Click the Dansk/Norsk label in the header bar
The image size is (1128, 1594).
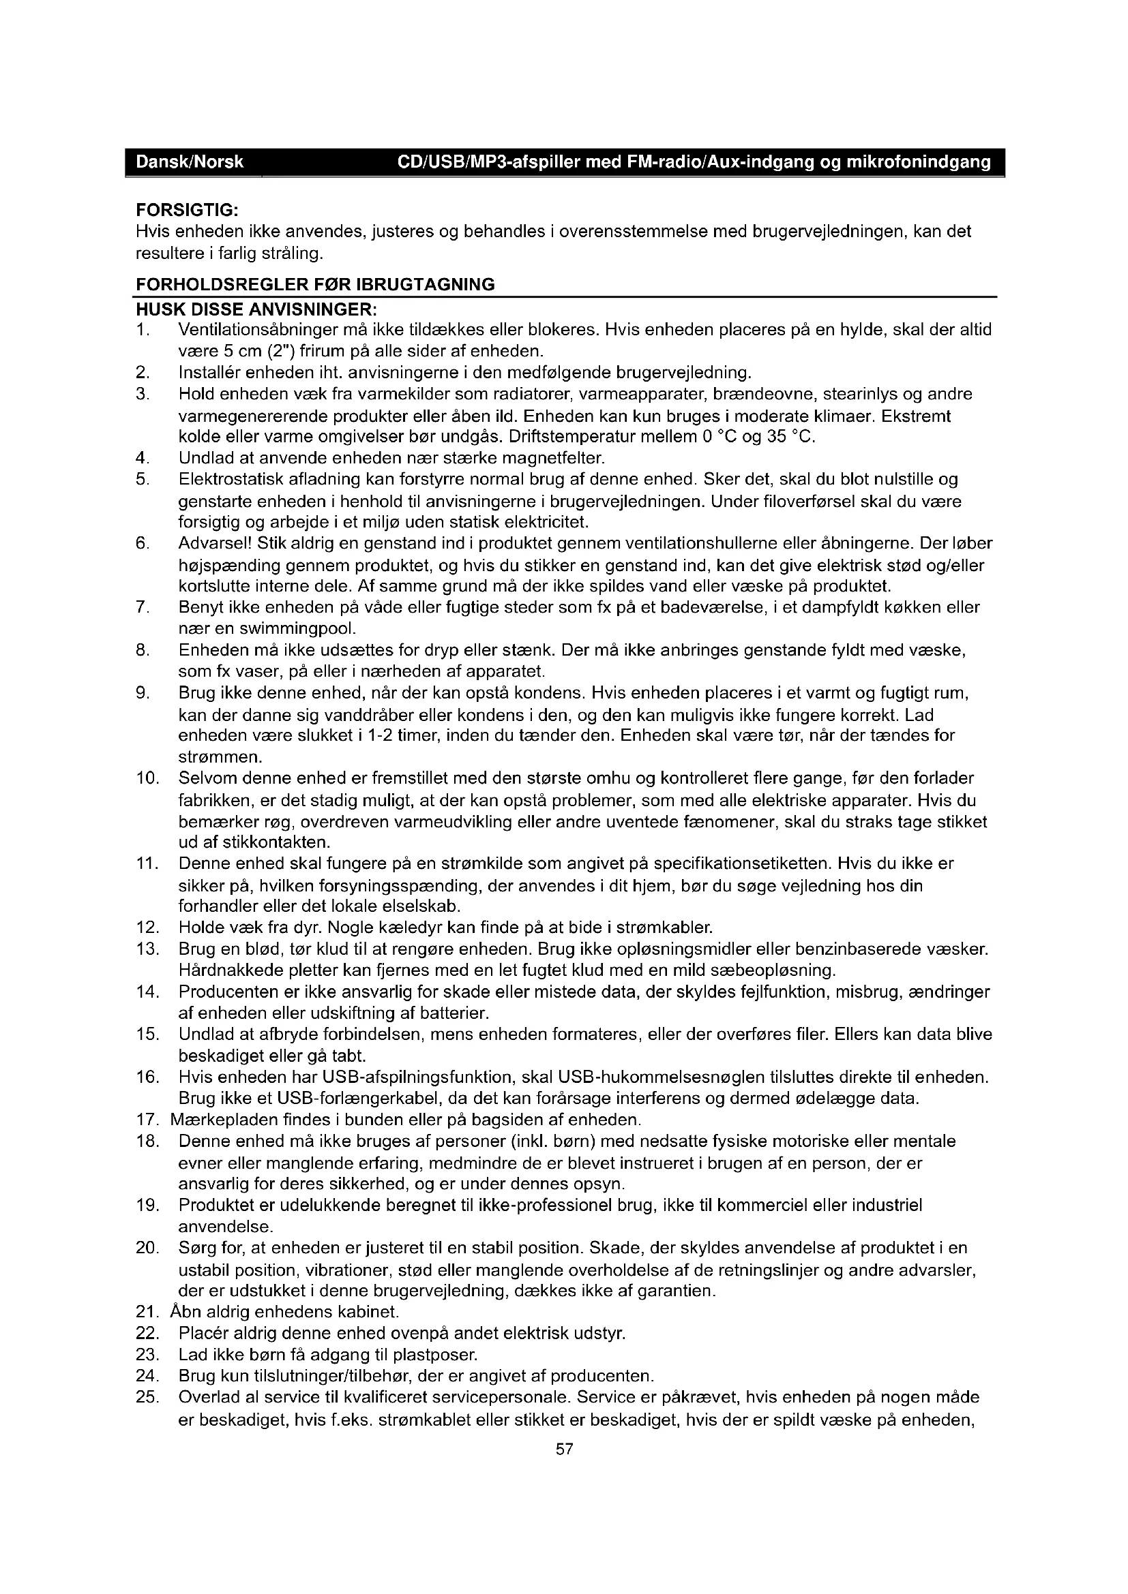point(190,162)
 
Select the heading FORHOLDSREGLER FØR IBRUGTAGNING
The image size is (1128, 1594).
point(315,285)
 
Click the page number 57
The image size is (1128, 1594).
point(564,1449)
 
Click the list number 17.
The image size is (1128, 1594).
point(148,1120)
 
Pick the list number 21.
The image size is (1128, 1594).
point(148,1312)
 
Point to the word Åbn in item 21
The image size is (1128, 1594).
point(184,1312)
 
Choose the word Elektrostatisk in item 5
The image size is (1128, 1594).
point(226,479)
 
